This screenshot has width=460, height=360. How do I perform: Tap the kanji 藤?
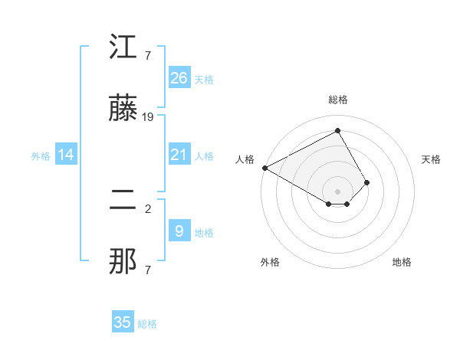123,109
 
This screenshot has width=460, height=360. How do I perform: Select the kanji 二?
123,201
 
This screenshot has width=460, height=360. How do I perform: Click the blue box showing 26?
179,77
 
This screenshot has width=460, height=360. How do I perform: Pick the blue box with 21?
179,155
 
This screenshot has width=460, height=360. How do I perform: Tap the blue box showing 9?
179,231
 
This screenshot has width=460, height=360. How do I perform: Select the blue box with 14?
66,155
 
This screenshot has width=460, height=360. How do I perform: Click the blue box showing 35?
123,322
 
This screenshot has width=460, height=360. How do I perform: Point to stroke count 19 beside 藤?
148,117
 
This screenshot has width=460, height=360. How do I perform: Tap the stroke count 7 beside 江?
148,55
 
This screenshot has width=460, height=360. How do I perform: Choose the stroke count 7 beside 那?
148,270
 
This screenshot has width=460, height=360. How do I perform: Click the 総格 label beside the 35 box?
147,324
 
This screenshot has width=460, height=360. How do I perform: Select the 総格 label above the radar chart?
338,100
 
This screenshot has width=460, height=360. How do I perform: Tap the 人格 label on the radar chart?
245,159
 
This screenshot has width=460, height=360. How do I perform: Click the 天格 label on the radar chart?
432,159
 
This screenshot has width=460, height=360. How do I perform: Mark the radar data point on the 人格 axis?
264,167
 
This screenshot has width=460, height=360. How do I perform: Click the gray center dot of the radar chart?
338,191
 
